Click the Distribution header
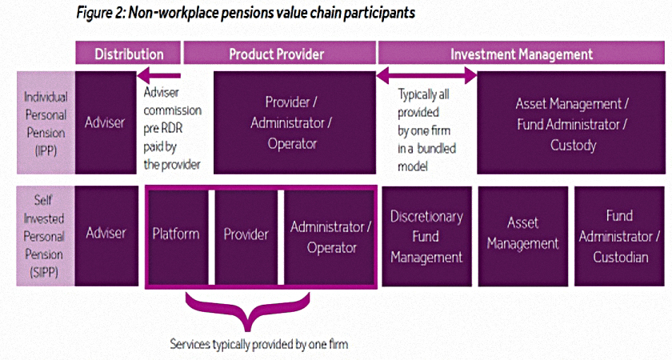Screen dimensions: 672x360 128,53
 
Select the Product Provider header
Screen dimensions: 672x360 280,53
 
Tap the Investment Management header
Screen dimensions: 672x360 521,53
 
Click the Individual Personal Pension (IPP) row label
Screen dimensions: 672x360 46,123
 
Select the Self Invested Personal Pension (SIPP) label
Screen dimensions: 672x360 46,236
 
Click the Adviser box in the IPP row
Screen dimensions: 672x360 106,123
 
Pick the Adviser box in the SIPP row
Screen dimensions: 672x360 106,236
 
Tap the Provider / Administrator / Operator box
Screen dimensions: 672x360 294,123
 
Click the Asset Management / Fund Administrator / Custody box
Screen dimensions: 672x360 571,123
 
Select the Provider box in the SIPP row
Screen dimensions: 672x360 246,236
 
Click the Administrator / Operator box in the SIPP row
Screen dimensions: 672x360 330,236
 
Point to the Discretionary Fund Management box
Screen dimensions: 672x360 427,236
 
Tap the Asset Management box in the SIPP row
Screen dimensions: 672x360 523,236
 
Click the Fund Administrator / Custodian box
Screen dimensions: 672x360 620,236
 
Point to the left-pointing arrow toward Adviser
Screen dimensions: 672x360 159,76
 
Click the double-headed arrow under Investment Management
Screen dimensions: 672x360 426,76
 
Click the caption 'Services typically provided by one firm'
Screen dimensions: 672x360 259,344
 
